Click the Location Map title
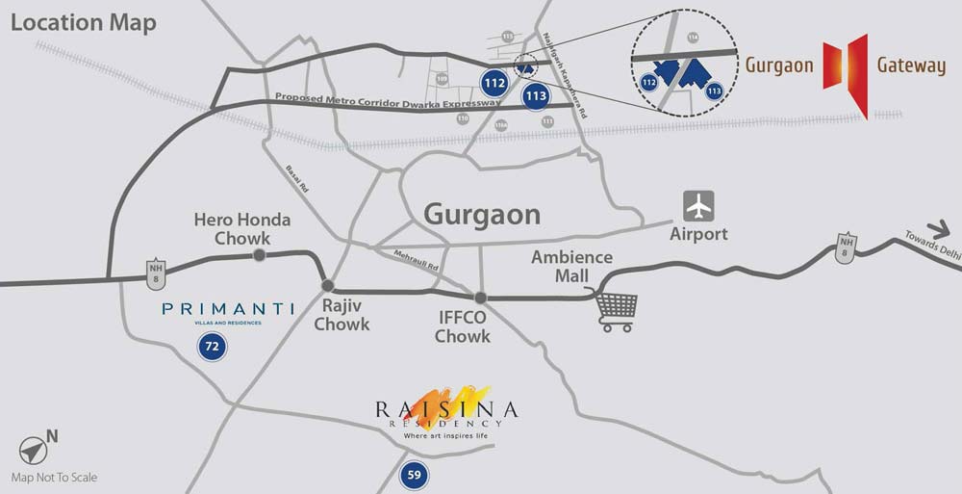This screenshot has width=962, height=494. (x=83, y=23)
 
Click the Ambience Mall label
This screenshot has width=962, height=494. (x=571, y=267)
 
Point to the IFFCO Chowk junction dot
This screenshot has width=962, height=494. (x=480, y=298)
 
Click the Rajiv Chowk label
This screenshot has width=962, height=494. (x=342, y=315)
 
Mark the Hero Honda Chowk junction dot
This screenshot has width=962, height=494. (x=259, y=255)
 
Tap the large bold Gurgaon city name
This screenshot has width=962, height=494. (x=483, y=214)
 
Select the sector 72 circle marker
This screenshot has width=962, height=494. (x=213, y=346)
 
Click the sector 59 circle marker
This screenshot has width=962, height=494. (x=414, y=474)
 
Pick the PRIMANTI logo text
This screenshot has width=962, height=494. (x=228, y=310)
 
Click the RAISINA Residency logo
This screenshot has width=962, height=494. (x=447, y=411)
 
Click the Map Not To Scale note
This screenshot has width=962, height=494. (x=54, y=477)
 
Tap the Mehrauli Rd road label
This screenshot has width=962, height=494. (x=416, y=259)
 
